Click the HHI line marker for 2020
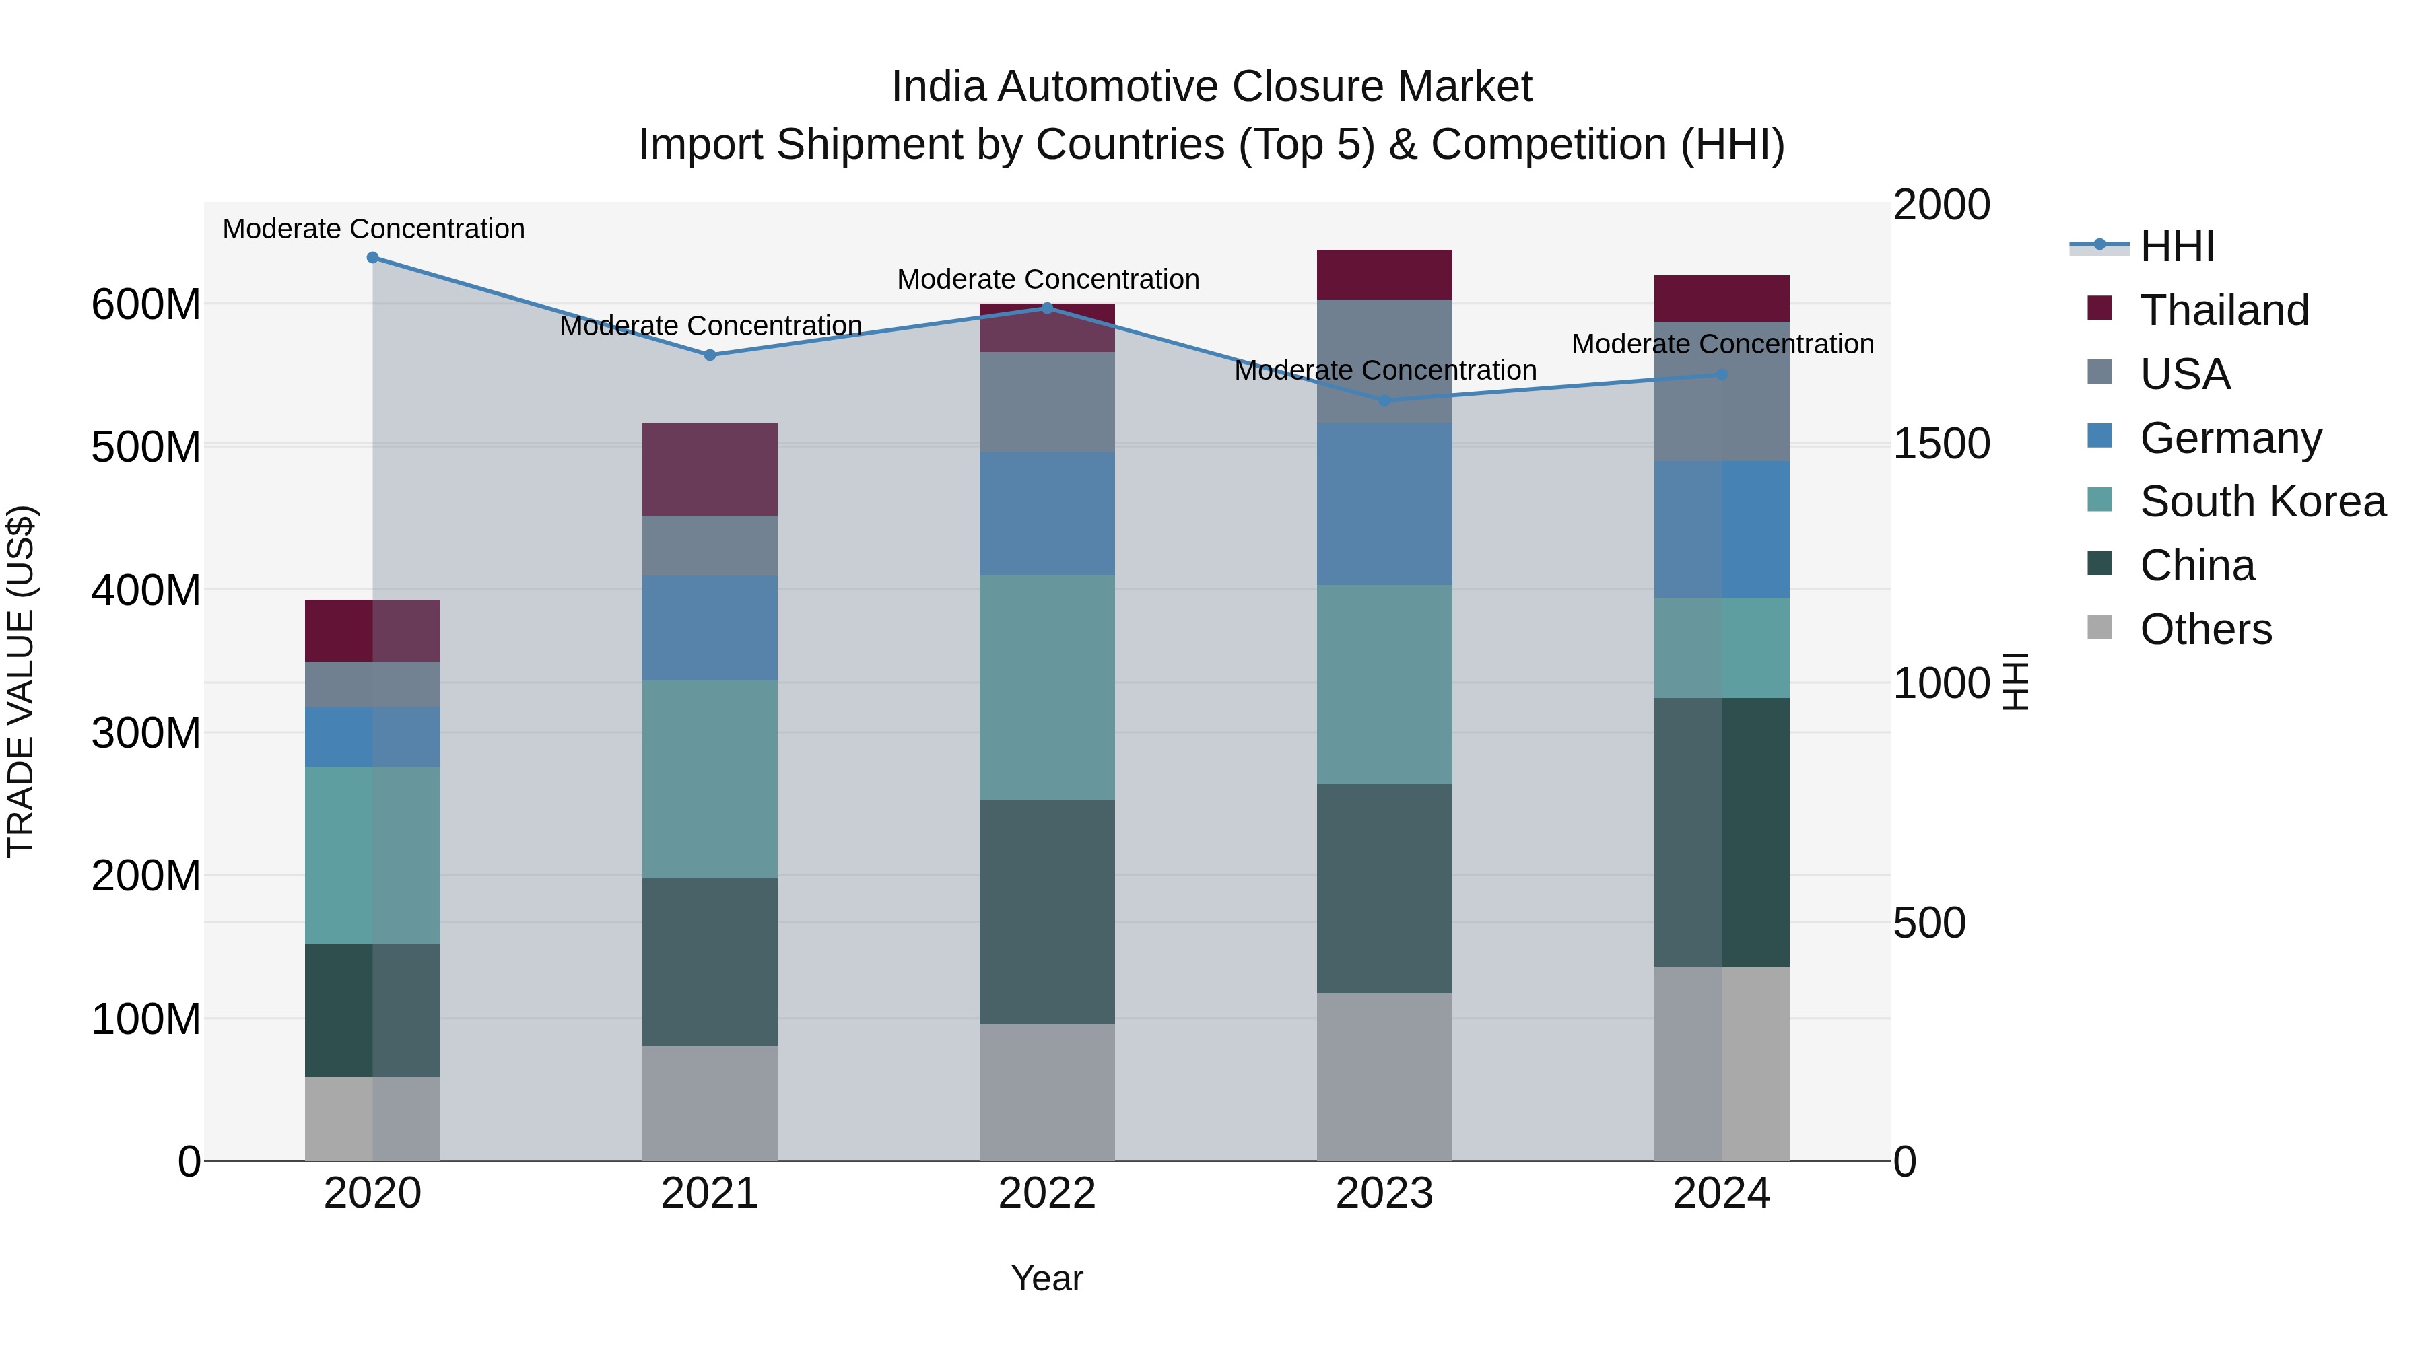372,258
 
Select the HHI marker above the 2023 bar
1384,400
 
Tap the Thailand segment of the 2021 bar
710,468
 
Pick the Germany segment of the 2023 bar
1384,504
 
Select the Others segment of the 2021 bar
710,1103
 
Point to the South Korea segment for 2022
1046,688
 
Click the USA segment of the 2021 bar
710,546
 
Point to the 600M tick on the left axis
146,305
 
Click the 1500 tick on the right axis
1941,444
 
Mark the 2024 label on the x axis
1721,1193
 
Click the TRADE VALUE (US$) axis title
22,681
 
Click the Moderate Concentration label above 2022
1047,279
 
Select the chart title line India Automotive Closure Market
1211,87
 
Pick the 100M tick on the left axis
146,1019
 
